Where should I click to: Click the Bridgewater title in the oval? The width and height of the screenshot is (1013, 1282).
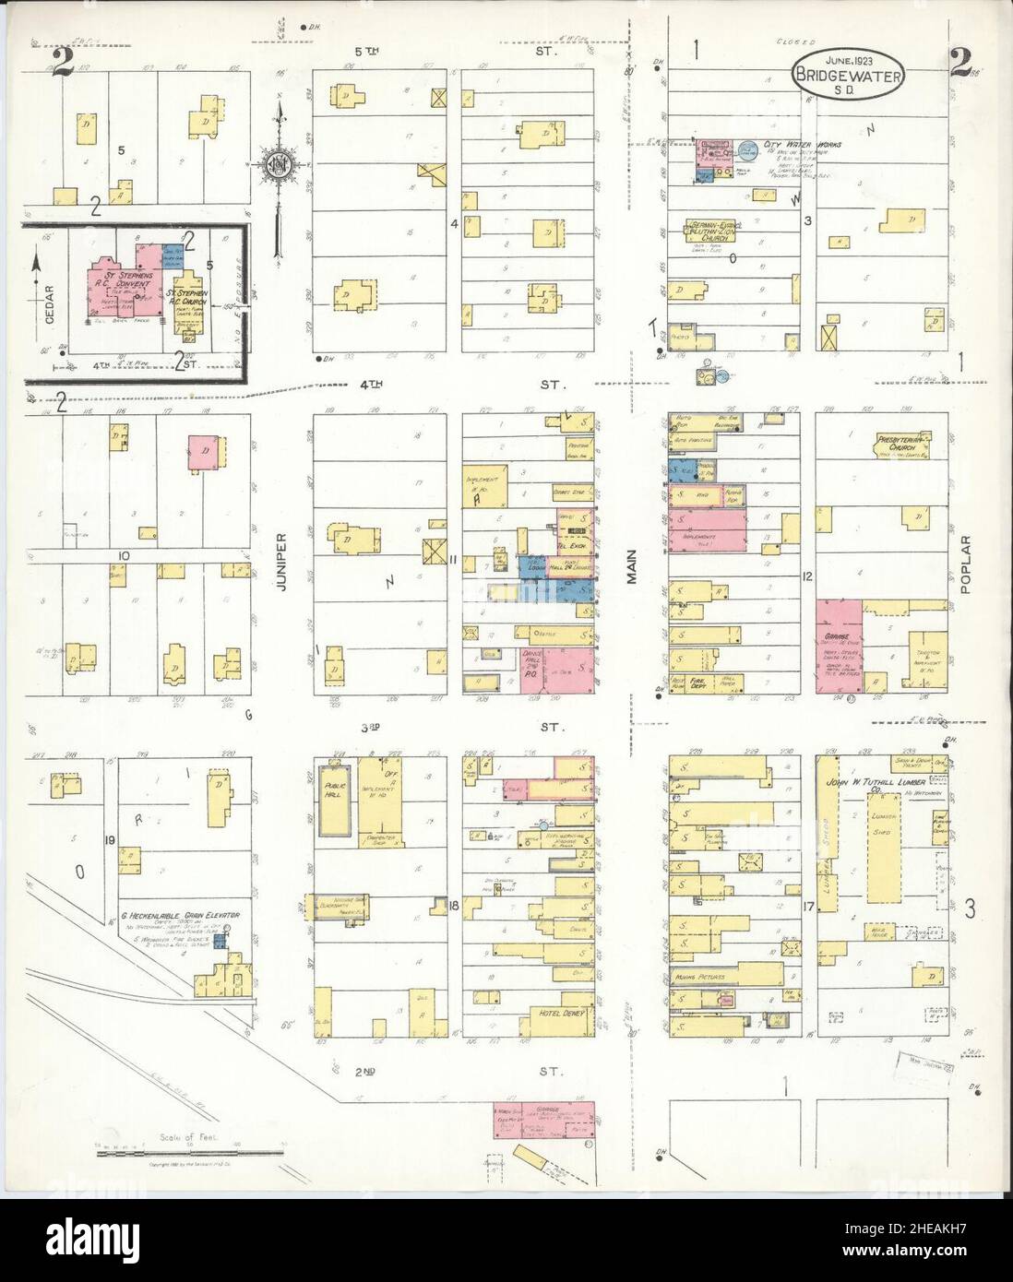(x=846, y=77)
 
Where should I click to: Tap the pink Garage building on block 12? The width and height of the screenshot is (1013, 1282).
(x=839, y=646)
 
